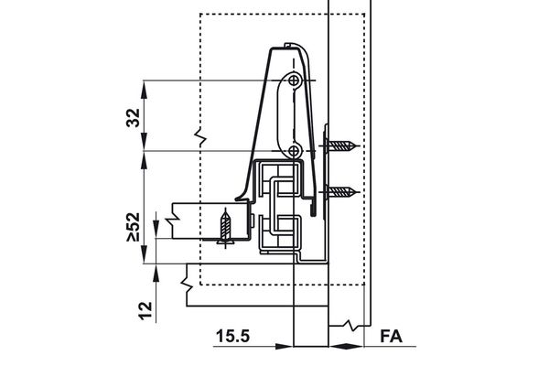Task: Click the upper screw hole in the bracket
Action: [x=293, y=82]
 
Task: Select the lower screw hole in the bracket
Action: [x=293, y=149]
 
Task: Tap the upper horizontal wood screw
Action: [x=342, y=145]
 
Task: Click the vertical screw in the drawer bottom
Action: [x=226, y=229]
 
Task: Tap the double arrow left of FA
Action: [x=344, y=347]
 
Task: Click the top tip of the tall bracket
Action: [x=289, y=43]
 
